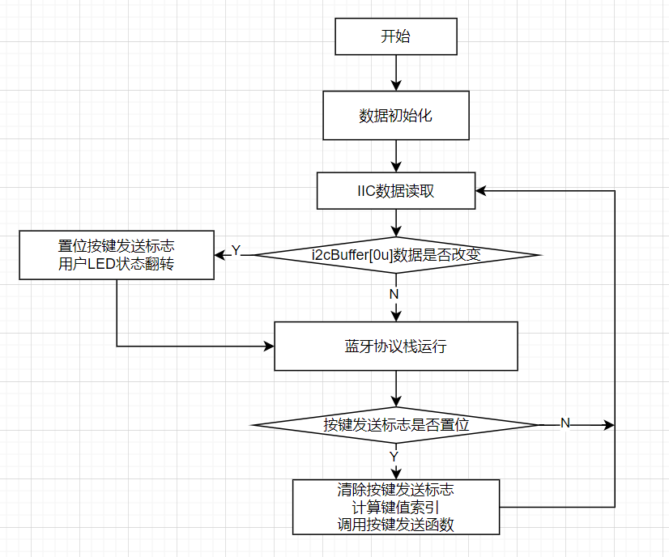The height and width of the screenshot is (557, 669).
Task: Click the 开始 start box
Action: click(x=396, y=36)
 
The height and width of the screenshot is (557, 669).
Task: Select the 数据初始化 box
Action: click(x=396, y=116)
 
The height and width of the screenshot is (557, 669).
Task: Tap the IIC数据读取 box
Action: click(x=396, y=191)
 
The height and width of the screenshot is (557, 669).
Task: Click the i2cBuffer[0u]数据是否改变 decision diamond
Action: click(x=396, y=255)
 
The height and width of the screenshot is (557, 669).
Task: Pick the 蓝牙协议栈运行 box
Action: click(x=396, y=347)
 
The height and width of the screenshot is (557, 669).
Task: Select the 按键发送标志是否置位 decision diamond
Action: click(x=396, y=424)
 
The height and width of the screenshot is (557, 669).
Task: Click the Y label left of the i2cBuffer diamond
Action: click(x=236, y=252)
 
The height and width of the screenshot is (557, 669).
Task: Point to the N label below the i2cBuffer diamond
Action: click(x=394, y=294)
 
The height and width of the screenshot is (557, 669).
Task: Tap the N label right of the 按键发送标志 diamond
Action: click(x=565, y=423)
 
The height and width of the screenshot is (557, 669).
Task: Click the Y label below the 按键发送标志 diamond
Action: click(x=394, y=457)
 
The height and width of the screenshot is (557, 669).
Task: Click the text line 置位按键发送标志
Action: click(x=117, y=246)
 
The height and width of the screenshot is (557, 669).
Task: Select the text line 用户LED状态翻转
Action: click(x=117, y=264)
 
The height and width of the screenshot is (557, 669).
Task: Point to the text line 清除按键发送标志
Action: click(x=396, y=490)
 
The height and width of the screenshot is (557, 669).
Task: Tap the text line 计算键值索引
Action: click(x=396, y=508)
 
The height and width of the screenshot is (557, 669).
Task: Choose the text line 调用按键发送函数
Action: click(x=396, y=525)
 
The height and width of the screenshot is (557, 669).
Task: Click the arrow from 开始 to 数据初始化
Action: click(x=396, y=73)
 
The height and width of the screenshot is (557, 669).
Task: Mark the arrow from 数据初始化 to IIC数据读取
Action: click(x=396, y=156)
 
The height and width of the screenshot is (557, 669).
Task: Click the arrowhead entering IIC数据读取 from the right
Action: click(x=482, y=191)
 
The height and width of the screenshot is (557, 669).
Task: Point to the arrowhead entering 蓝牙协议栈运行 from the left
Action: click(x=269, y=347)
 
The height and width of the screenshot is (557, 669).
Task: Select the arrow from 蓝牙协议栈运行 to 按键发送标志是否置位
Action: click(x=396, y=389)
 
